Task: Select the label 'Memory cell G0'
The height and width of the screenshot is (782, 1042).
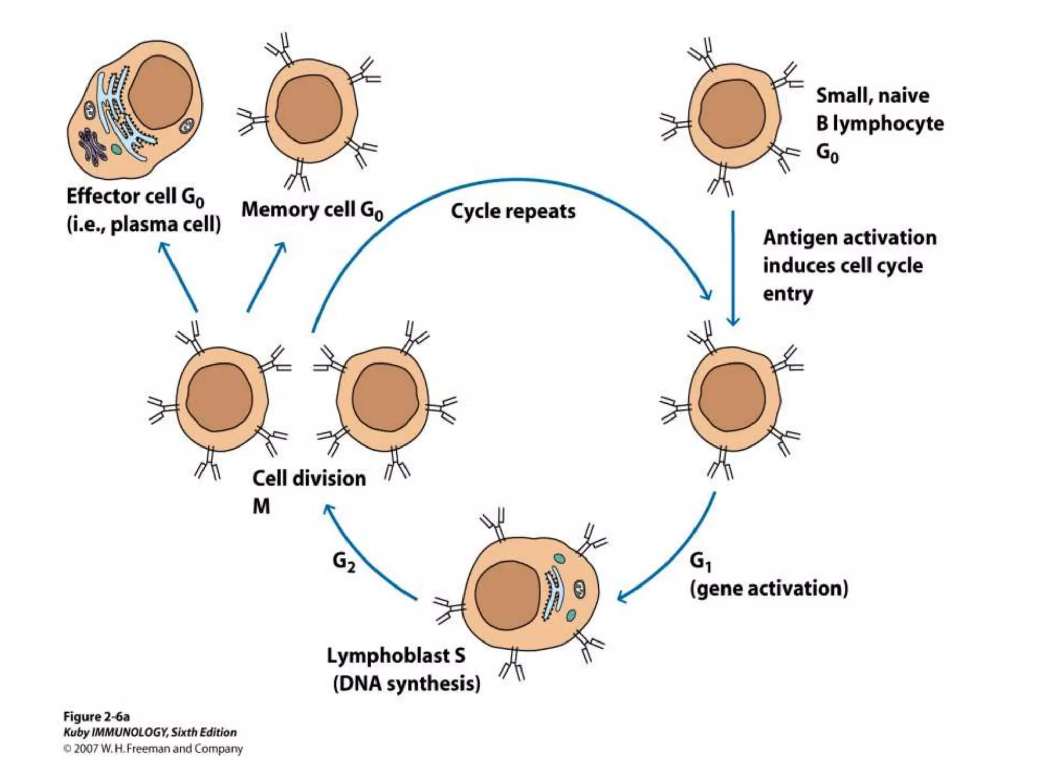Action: pyautogui.click(x=311, y=210)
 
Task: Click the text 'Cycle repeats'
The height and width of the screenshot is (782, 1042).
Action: pyautogui.click(x=513, y=211)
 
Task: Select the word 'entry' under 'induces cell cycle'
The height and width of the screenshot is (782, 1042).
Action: pyautogui.click(x=788, y=294)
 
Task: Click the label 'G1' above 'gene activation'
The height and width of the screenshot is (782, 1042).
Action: pyautogui.click(x=701, y=562)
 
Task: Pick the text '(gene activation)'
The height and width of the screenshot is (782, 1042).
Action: pyautogui.click(x=769, y=589)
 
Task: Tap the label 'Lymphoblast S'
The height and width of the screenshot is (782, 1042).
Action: pyautogui.click(x=395, y=656)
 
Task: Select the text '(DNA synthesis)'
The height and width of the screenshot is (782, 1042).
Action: pyautogui.click(x=407, y=684)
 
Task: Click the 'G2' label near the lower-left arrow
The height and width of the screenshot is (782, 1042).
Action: pyautogui.click(x=344, y=562)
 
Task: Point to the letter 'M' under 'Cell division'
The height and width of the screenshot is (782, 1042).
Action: pyautogui.click(x=261, y=507)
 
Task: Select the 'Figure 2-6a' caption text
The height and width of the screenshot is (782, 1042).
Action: pyautogui.click(x=96, y=717)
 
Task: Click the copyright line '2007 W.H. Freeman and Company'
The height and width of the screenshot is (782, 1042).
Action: pyautogui.click(x=158, y=749)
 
